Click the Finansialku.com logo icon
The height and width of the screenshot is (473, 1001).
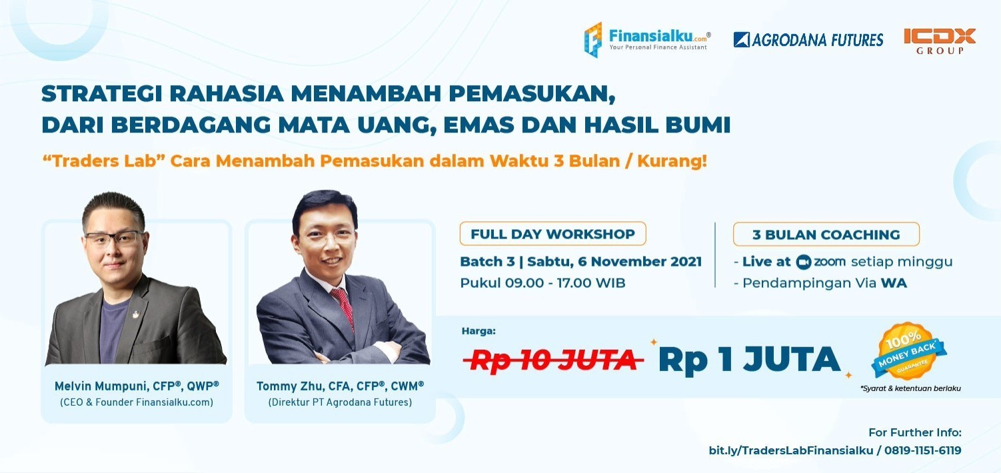point(593,39)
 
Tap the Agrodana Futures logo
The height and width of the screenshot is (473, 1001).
point(808,40)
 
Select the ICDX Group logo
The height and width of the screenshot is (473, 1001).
point(940,40)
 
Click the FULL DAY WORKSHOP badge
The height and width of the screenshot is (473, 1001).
point(552,234)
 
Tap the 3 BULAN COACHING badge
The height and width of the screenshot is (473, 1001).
point(826,235)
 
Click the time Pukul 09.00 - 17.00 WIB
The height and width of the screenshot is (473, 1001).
point(542,282)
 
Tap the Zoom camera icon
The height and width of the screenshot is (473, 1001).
point(802,262)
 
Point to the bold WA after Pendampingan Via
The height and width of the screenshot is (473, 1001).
point(894,282)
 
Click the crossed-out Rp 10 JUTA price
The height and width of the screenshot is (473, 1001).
point(552,360)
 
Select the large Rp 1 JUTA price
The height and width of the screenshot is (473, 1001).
point(749,360)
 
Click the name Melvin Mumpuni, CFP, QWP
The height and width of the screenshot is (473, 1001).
point(137,386)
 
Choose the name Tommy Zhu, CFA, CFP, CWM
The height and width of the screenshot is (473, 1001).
point(340,386)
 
